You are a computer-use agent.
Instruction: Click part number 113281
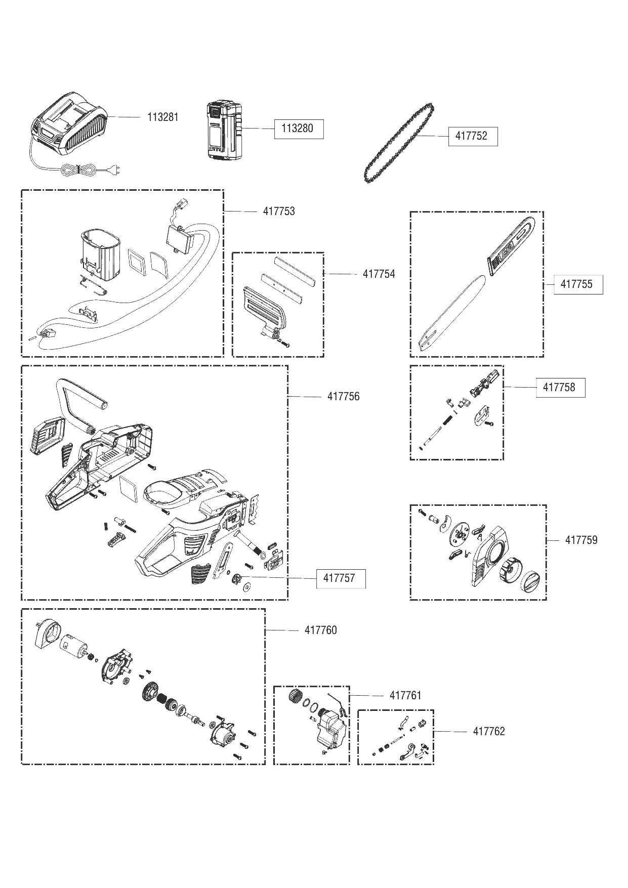(162, 117)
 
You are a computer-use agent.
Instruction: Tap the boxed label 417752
(473, 136)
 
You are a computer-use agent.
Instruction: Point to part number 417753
(278, 212)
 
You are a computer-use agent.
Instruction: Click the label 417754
(379, 274)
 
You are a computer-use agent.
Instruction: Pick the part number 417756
(343, 397)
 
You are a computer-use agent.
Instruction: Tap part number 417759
(581, 540)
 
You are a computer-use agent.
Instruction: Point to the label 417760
(320, 630)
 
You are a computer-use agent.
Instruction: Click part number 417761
(405, 696)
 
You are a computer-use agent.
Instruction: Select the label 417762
(489, 732)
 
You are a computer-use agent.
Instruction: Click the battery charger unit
(71, 124)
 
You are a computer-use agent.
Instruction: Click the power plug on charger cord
(116, 172)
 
